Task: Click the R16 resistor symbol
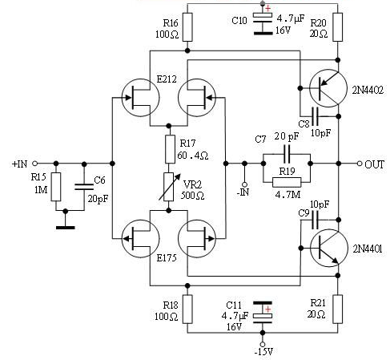[187, 27]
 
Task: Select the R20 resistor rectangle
[338, 27]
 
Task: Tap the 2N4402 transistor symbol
[328, 88]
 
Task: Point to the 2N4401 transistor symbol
[329, 248]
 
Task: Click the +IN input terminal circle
[34, 163]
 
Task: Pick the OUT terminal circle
[360, 164]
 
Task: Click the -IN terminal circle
[244, 184]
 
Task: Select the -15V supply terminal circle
[263, 344]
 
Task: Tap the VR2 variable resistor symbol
[169, 187]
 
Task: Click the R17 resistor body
[170, 149]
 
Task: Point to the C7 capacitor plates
[287, 154]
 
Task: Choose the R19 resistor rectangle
[287, 182]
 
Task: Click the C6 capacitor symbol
[84, 187]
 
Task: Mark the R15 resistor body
[56, 187]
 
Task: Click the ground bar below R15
[66, 228]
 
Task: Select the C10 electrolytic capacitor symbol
[263, 23]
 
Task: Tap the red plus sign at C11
[267, 309]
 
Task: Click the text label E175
[167, 258]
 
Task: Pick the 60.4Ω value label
[192, 156]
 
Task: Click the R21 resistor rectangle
[338, 309]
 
